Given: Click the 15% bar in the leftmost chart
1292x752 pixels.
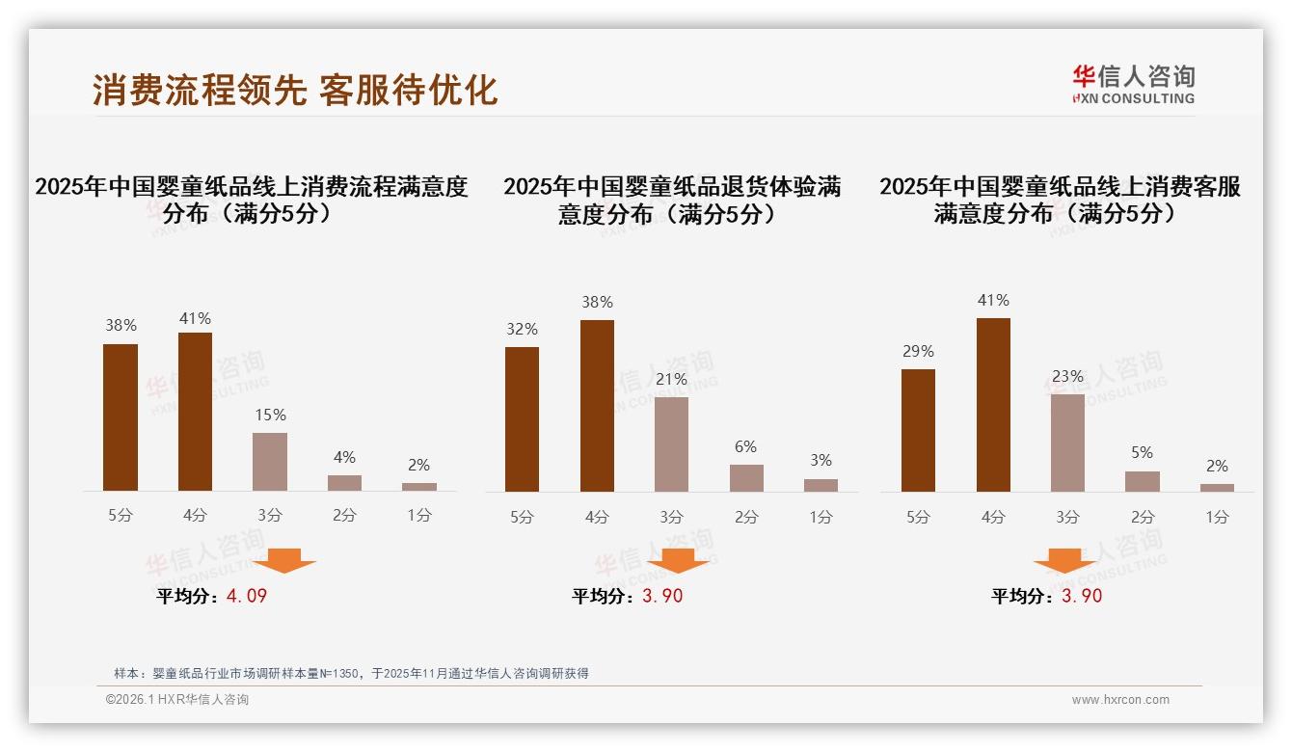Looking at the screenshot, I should (x=270, y=462).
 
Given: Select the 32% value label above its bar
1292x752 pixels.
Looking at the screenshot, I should (x=522, y=329).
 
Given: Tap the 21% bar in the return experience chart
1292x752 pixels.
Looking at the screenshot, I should (x=671, y=443).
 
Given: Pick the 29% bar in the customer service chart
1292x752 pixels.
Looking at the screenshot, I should (x=918, y=430).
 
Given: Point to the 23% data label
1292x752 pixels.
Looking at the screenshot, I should (x=1067, y=376).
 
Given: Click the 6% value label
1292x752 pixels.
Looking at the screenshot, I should (x=745, y=446).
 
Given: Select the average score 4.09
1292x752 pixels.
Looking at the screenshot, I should (x=246, y=596).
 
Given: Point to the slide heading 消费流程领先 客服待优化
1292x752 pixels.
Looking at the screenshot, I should (x=295, y=90).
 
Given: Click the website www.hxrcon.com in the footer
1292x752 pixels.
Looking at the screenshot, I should (x=1120, y=700).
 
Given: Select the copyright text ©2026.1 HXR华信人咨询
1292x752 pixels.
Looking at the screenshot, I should (x=177, y=700).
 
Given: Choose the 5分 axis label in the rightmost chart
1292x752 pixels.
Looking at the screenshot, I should (x=918, y=517).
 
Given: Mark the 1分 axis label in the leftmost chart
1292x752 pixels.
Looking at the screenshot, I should (x=419, y=515).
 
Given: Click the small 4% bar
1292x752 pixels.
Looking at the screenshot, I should (x=344, y=483).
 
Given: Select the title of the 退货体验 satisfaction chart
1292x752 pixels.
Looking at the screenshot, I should (x=671, y=200).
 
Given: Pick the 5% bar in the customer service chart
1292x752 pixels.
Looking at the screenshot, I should (x=1142, y=481).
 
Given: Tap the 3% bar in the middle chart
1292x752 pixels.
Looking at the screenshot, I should (x=821, y=485).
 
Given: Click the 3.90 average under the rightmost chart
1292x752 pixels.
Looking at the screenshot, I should (x=1081, y=596).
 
